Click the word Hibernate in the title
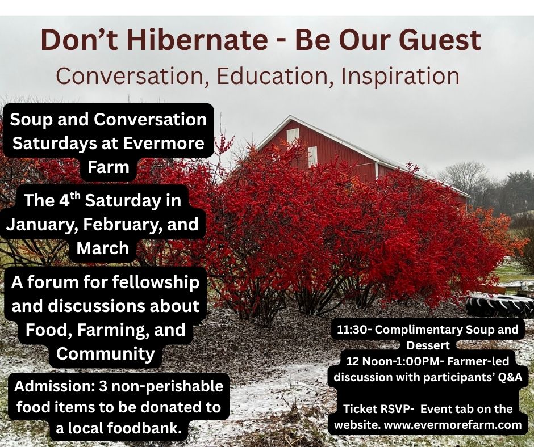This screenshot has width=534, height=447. [198, 40]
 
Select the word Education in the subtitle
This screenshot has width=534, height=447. [272, 76]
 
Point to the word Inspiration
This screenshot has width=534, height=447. [400, 77]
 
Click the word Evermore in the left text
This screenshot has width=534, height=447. [164, 143]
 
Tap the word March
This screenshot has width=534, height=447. [103, 248]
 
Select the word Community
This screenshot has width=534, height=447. [106, 354]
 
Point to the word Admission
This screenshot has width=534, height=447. [55, 386]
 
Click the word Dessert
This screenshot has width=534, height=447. [428, 345]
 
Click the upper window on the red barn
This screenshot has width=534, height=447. [293, 136]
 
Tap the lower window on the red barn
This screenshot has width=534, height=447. [312, 157]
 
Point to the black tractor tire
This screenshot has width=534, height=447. [499, 306]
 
